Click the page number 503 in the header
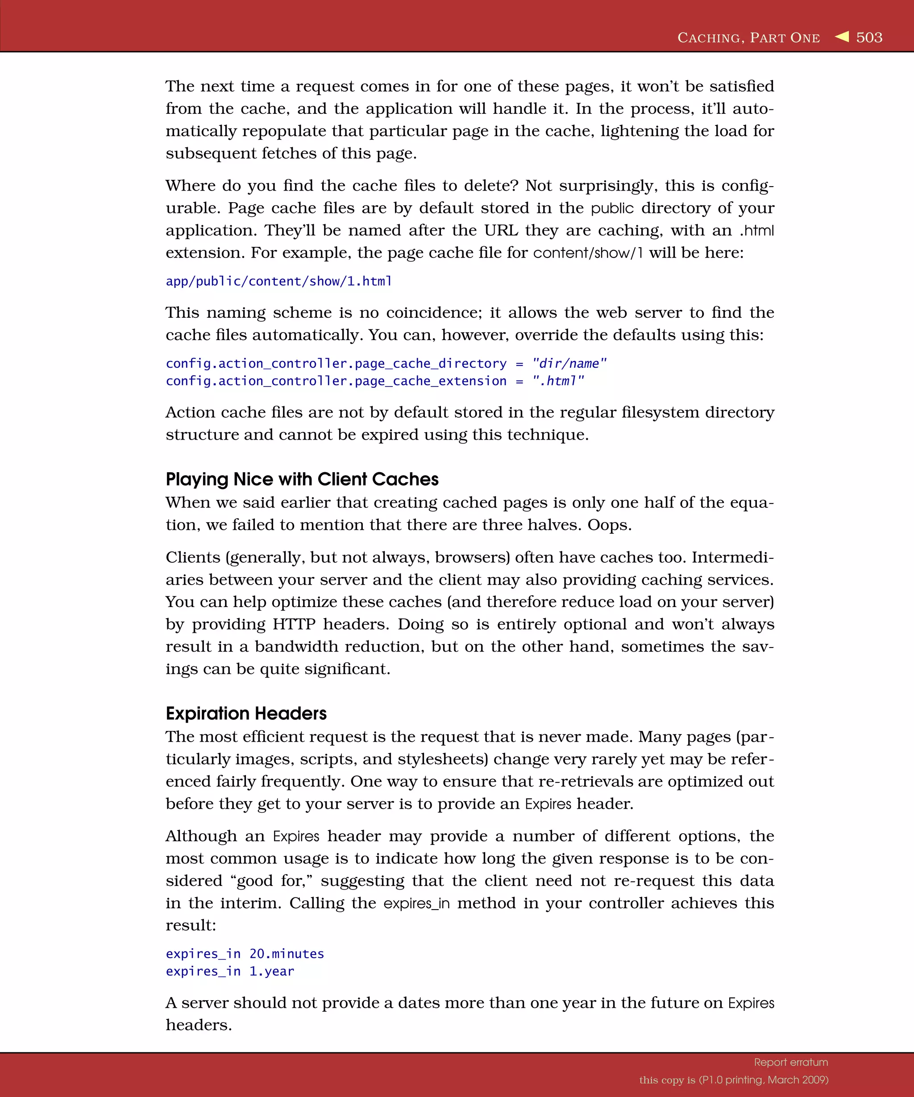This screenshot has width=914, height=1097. [x=869, y=37]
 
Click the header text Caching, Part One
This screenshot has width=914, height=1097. [x=748, y=37]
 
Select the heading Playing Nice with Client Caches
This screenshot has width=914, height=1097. [x=302, y=479]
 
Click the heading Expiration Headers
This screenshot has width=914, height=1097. [x=246, y=713]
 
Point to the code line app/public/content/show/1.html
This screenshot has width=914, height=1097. [x=278, y=281]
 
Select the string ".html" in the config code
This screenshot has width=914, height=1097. [x=558, y=381]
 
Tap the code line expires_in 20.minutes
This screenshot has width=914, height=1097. [x=245, y=953]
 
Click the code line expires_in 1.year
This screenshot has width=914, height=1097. [x=230, y=971]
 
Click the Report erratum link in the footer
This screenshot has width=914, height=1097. [x=791, y=1062]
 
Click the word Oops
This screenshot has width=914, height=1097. [x=609, y=524]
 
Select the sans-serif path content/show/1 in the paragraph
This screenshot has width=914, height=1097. [x=588, y=253]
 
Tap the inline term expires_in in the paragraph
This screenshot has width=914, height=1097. [x=416, y=903]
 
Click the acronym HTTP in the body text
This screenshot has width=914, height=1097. [x=294, y=624]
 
